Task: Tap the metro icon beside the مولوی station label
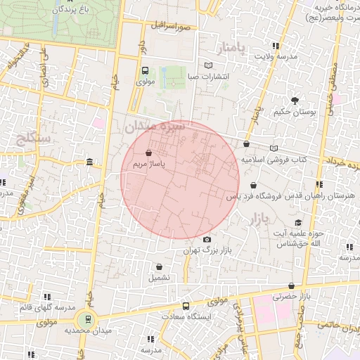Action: (x=145, y=70)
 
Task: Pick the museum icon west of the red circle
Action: (x=89, y=162)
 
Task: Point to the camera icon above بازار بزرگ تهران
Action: (x=207, y=240)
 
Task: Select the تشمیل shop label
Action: (x=159, y=278)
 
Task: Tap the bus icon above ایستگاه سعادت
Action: (x=186, y=306)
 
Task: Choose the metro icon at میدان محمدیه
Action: (x=88, y=319)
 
